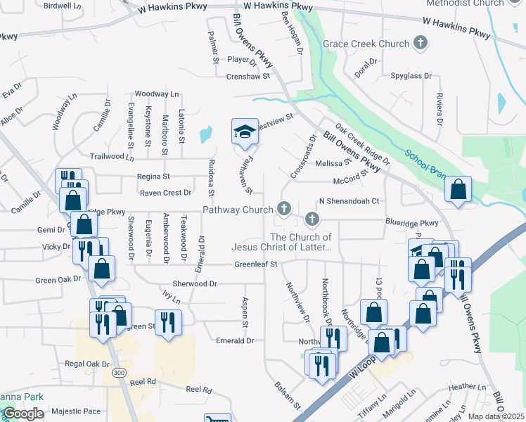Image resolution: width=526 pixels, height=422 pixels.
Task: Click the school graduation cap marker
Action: point(245,132)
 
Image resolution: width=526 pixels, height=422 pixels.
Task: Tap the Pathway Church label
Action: point(238,210)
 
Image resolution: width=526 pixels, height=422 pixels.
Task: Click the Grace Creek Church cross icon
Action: point(421,44)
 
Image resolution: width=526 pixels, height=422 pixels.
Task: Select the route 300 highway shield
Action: point(121,371)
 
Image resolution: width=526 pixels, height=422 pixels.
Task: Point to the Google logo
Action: point(23,414)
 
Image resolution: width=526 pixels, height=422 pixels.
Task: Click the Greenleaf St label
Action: point(256,264)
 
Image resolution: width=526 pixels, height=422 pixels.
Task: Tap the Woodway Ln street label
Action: point(157,94)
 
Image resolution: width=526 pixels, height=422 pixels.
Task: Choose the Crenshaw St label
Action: point(248,77)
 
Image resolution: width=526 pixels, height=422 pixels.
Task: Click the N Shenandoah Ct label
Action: point(349,201)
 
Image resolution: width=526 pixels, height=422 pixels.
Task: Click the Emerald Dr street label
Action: point(235,340)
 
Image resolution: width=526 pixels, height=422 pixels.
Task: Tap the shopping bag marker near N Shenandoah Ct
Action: point(458,190)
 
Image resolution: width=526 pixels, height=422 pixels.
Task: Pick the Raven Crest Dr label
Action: point(165,193)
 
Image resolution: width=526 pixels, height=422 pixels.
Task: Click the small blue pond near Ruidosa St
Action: point(205,134)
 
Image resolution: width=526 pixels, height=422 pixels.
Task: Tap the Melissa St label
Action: point(328,163)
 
